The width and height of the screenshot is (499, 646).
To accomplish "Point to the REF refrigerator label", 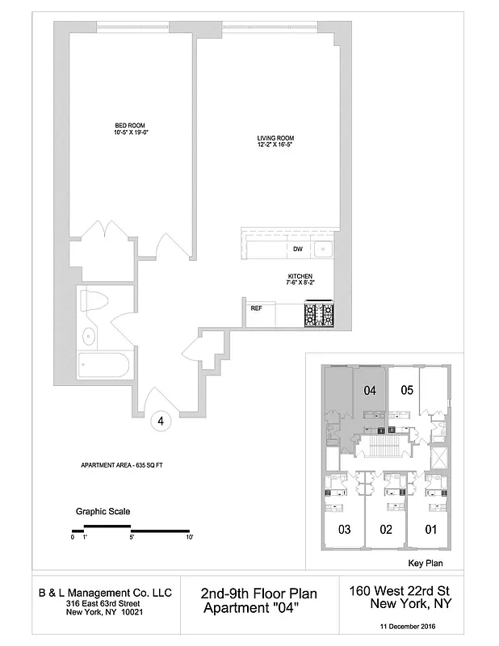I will click(x=256, y=308).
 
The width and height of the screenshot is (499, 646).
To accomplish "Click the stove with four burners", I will click(x=318, y=313).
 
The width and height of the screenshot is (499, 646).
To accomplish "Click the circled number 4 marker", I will click(x=161, y=421).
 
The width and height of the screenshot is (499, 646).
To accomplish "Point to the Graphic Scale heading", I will click(x=103, y=511).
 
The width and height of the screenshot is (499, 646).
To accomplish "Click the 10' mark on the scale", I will click(x=189, y=537).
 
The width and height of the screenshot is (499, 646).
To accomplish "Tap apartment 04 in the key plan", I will click(x=370, y=391).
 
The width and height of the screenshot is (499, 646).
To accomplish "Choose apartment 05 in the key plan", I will click(x=408, y=390).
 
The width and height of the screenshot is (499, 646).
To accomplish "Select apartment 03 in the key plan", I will click(x=344, y=530).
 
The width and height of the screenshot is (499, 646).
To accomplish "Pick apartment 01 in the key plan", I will click(x=430, y=530).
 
